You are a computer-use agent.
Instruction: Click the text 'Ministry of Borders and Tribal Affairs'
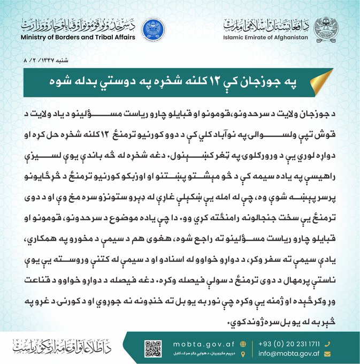[x=78, y=37]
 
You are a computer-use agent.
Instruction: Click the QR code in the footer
[x=153, y=348]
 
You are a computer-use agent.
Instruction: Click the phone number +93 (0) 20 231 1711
[x=293, y=344]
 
